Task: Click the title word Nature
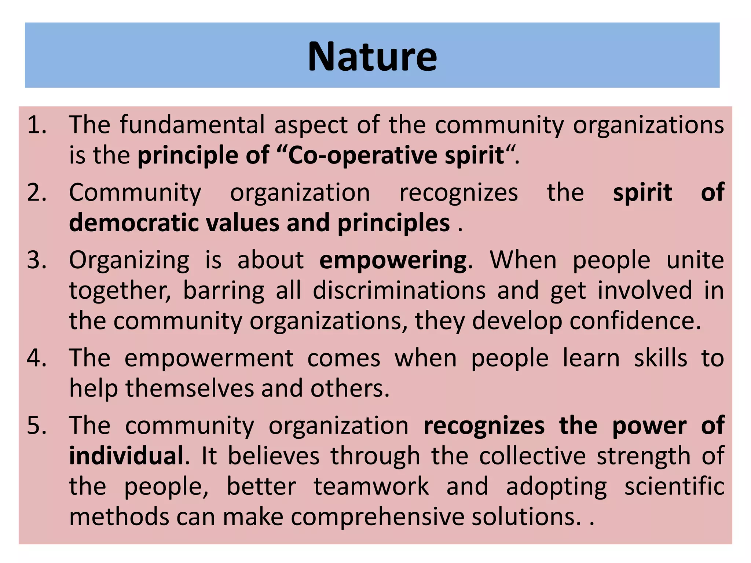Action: click(372, 57)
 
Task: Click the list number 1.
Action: click(37, 125)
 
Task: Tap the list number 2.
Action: click(37, 193)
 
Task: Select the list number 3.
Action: click(37, 260)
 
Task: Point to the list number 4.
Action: click(37, 358)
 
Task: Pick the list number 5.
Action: click(37, 426)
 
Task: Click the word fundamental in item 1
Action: click(192, 125)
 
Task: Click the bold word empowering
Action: click(393, 261)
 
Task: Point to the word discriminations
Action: click(399, 291)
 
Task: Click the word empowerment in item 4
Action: click(209, 358)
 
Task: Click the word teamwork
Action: click(371, 487)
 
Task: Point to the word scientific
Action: click(674, 487)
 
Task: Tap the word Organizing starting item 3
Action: click(129, 261)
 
